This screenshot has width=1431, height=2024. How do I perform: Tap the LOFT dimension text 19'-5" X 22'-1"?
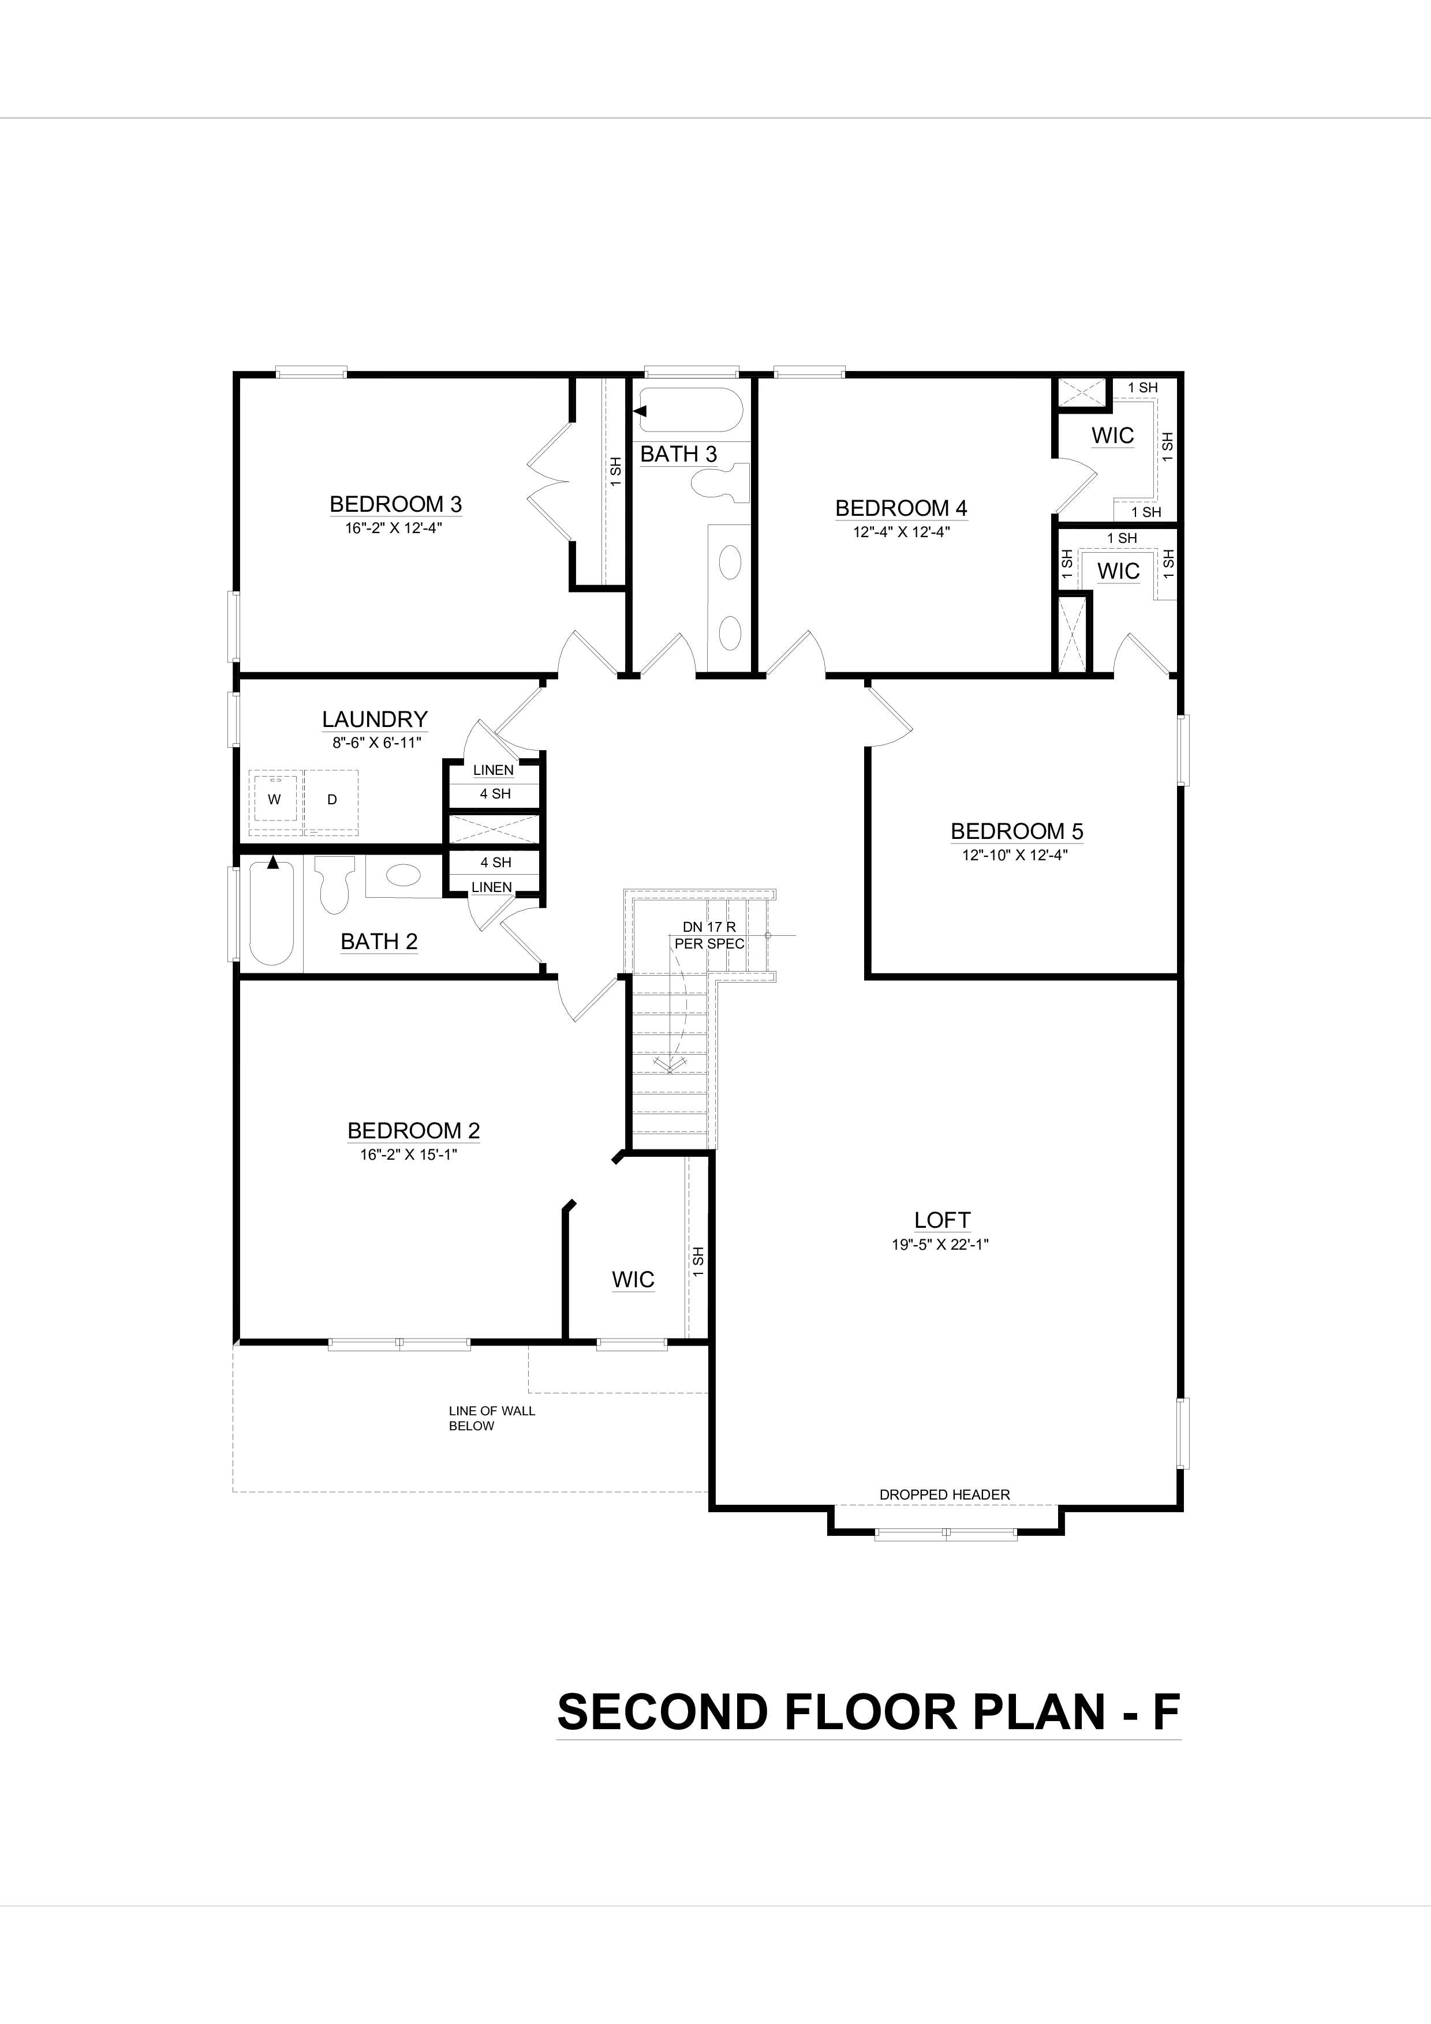(940, 1245)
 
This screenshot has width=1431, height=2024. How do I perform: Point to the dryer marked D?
(331, 800)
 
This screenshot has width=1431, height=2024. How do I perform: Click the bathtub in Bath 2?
(271, 913)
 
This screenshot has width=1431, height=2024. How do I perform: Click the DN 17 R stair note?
(708, 927)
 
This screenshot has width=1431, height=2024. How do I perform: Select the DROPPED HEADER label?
(944, 1494)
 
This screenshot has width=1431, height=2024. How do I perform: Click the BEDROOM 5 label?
(1017, 831)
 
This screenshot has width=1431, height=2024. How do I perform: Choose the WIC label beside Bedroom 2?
(633, 1279)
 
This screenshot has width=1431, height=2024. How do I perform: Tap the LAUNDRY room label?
(375, 719)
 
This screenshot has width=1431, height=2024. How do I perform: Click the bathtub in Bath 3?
(690, 410)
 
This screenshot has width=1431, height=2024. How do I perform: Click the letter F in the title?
(1165, 1712)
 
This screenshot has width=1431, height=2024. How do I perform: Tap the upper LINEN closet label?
(493, 770)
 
